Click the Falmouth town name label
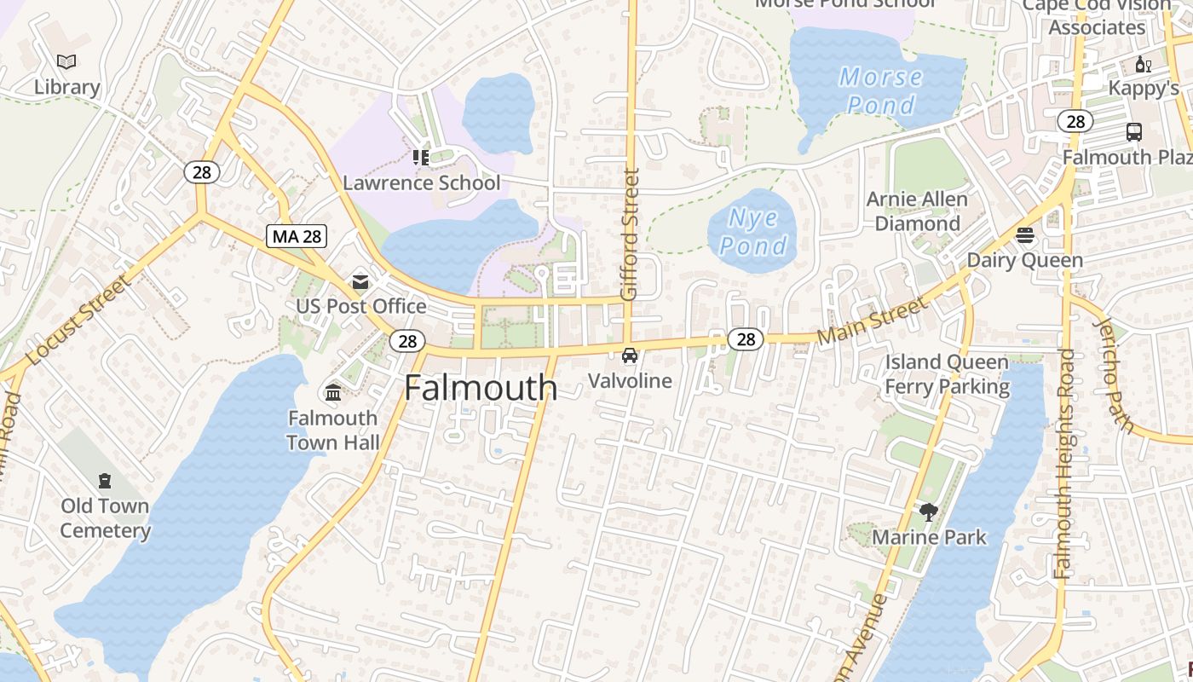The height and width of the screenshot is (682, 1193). tap(481, 388)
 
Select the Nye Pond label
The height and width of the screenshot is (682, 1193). tap(753, 232)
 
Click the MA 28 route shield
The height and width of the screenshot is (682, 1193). tap(297, 236)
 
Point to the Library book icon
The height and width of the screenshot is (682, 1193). tap(66, 61)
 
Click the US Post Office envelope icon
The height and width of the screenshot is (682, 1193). tap(360, 281)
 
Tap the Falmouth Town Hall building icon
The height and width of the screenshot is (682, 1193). tap(332, 393)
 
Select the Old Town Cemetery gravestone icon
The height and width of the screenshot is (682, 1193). tap(105, 481)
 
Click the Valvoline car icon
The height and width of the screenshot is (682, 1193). tap(630, 355)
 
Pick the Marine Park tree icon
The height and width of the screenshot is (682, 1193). tap(929, 512)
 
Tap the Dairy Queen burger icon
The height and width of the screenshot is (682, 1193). tap(1025, 235)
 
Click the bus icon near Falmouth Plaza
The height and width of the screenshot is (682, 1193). tap(1134, 132)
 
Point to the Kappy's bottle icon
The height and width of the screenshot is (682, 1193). tap(1143, 64)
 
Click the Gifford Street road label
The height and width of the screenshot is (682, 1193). tap(631, 234)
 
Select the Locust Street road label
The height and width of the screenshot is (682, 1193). tap(78, 320)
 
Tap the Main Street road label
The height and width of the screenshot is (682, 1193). tap(871, 321)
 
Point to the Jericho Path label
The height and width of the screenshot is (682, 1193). tap(1113, 375)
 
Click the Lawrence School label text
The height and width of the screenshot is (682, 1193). tap(422, 182)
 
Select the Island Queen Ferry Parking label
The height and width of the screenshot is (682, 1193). tap(947, 374)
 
